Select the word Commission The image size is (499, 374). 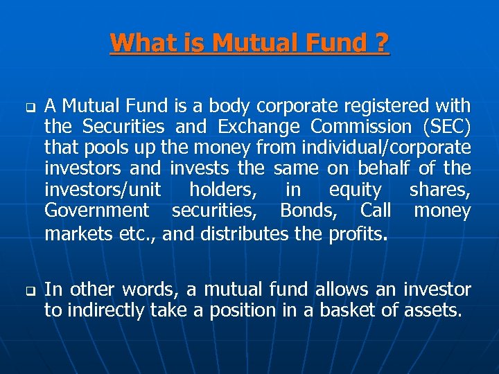361,127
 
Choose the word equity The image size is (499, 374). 355,189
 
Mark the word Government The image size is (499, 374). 96,210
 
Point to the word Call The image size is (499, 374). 376,210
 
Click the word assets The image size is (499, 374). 432,310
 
